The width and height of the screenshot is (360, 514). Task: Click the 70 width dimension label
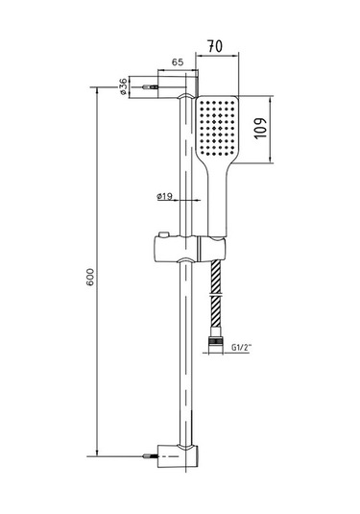pyautogui.click(x=215, y=46)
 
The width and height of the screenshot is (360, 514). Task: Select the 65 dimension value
pyautogui.click(x=178, y=61)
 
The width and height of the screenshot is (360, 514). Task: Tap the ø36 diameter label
pyautogui.click(x=123, y=86)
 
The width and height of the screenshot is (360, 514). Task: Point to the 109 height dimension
pyautogui.click(x=261, y=128)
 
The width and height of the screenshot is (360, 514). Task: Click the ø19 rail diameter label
pyautogui.click(x=164, y=196)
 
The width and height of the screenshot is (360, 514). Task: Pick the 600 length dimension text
pyautogui.click(x=90, y=278)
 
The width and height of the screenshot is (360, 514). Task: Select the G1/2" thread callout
pyautogui.click(x=241, y=348)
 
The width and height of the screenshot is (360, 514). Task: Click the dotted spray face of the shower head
pyautogui.click(x=217, y=128)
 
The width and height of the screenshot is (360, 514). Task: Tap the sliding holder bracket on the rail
pyautogui.click(x=189, y=249)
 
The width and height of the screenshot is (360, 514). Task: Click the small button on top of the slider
pyautogui.click(x=163, y=234)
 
